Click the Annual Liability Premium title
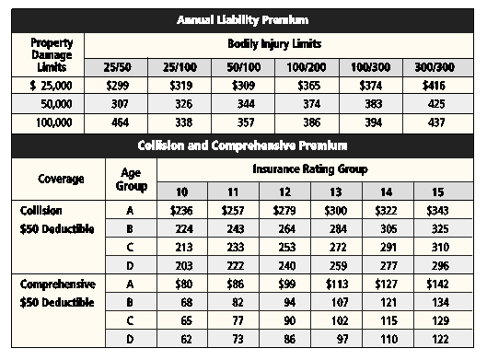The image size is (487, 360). point(242,20)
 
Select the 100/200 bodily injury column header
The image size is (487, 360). point(307,67)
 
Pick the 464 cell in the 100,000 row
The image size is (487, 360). point(120,122)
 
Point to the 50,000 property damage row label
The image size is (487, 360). point(56,104)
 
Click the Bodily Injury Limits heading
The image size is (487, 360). point(274,44)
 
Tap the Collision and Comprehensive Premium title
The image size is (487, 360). point(242,145)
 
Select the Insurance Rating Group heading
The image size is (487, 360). point(310,169)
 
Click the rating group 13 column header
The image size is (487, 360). point(336,192)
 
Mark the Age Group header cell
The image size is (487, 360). point(131,180)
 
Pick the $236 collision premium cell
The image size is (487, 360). point(181,211)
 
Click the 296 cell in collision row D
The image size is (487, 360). point(440,266)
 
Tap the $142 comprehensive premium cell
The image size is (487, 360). point(437,284)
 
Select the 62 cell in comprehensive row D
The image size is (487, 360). point(186,339)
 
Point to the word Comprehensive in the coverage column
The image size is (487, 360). point(58,285)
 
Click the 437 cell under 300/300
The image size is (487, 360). point(436,122)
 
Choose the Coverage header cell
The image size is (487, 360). point(61,179)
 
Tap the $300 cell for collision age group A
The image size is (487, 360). point(336,211)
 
